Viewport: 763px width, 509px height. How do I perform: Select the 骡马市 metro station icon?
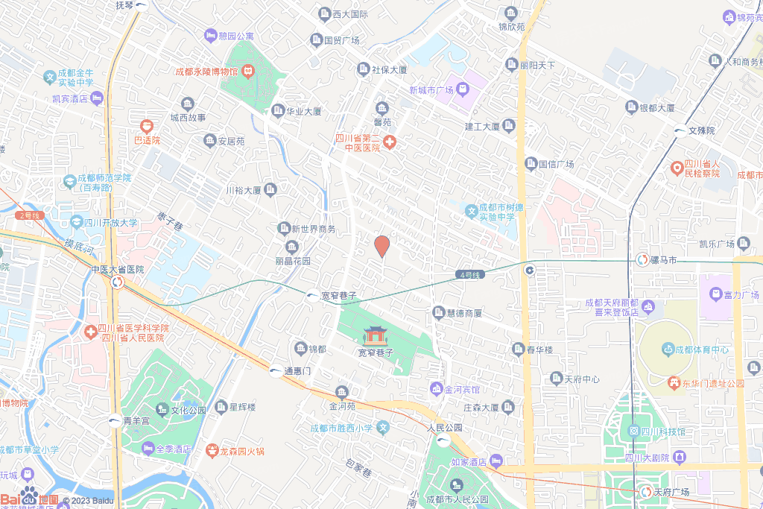(x=642, y=260)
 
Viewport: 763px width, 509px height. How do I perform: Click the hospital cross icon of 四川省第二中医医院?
(x=390, y=142)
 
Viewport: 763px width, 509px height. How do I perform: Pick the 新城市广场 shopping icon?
(x=463, y=89)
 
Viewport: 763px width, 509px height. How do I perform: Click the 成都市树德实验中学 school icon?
(x=471, y=212)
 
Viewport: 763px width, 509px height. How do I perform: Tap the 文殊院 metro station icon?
(x=680, y=130)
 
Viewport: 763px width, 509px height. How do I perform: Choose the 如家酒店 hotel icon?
(x=496, y=461)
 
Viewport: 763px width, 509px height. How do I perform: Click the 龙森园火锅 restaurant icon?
(x=202, y=451)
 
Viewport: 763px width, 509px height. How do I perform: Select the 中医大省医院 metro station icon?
(x=118, y=282)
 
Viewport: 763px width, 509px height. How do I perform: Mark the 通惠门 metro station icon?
(x=275, y=371)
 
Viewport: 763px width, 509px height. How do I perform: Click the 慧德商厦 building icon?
(x=439, y=312)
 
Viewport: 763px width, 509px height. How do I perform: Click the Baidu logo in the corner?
(x=30, y=496)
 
